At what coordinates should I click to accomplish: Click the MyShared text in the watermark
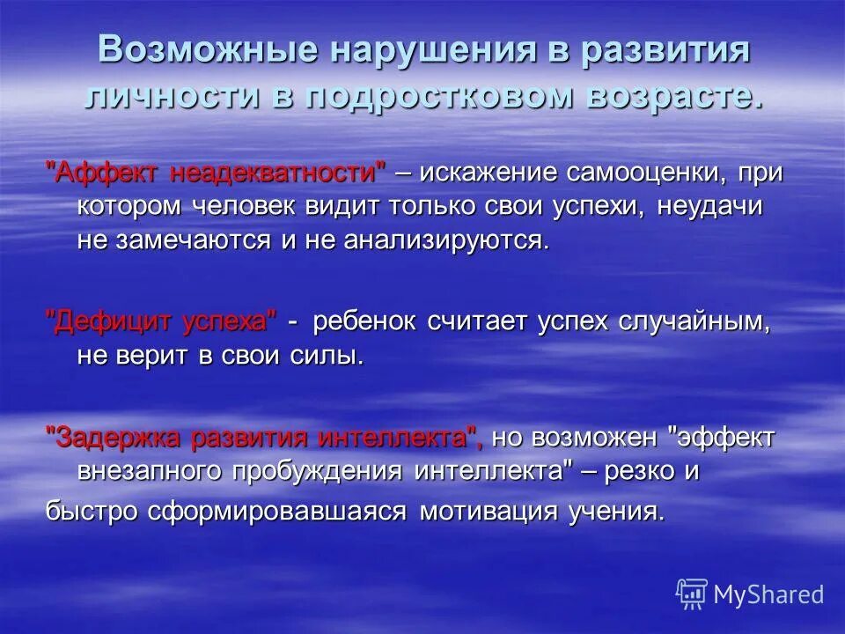click(x=769, y=594)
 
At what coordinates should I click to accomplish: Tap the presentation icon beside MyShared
click(x=692, y=594)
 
